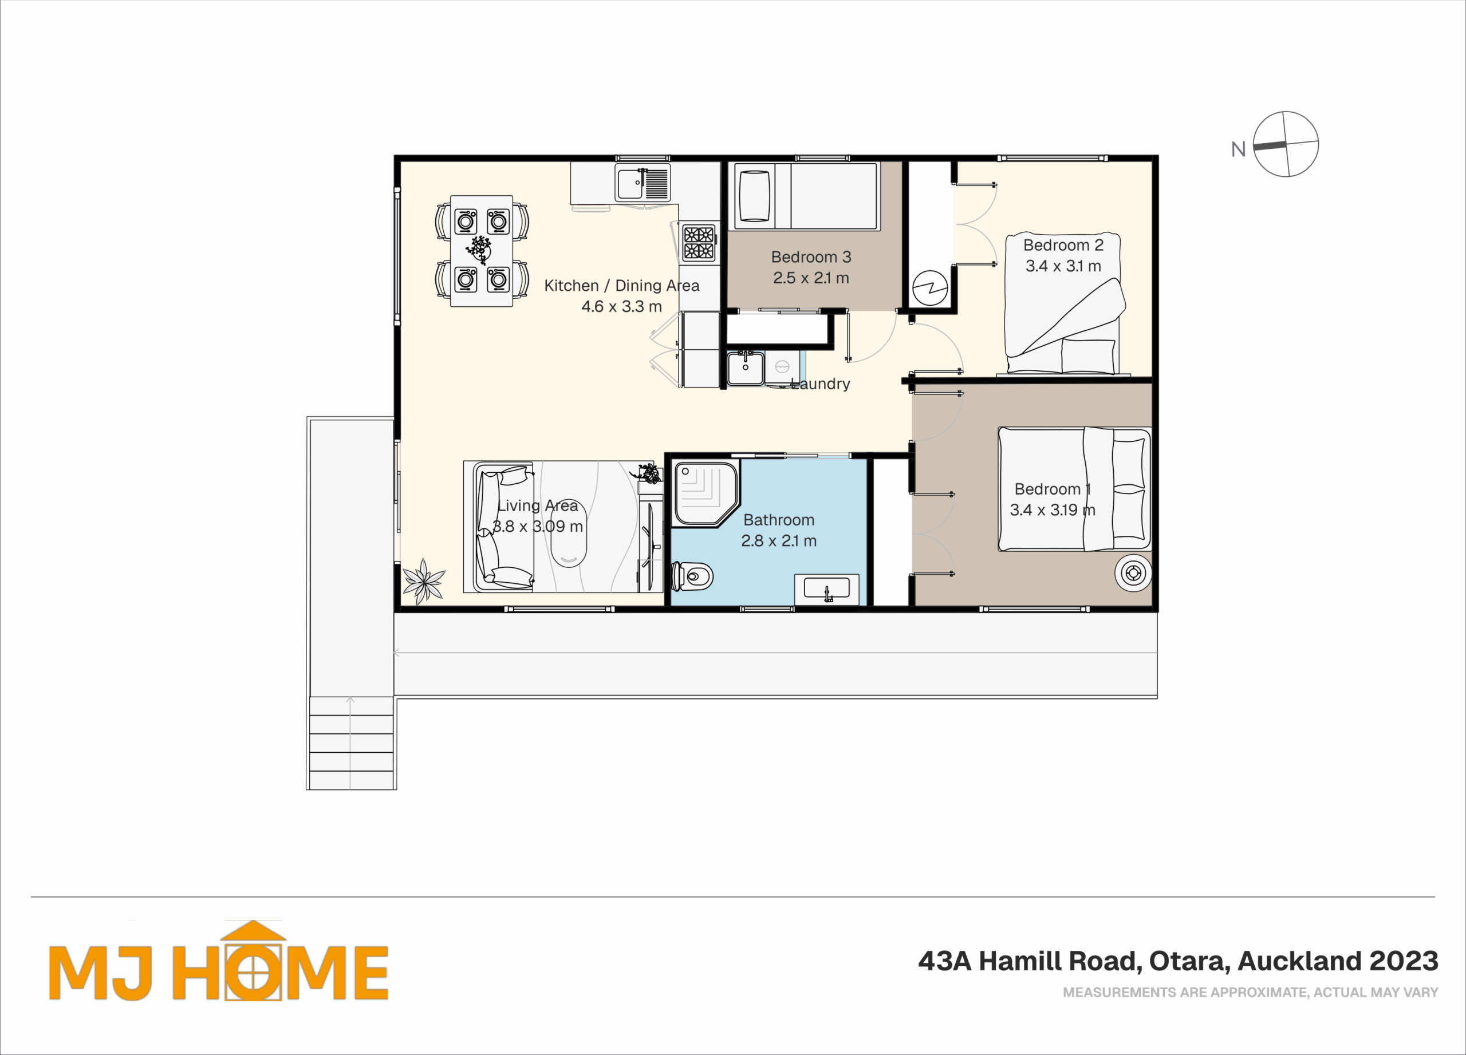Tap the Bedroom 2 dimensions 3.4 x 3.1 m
[1063, 266]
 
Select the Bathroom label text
[779, 520]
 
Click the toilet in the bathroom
[692, 576]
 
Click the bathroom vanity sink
[827, 588]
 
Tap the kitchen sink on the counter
[643, 182]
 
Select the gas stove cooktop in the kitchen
[699, 242]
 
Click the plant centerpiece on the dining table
[479, 249]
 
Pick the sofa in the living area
[503, 527]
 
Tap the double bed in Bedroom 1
[1074, 489]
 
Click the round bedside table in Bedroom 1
[1133, 572]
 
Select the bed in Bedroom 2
[1063, 303]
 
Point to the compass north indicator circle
[1286, 144]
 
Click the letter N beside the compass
[1238, 150]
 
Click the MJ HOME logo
[219, 961]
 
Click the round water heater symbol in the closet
[930, 287]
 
